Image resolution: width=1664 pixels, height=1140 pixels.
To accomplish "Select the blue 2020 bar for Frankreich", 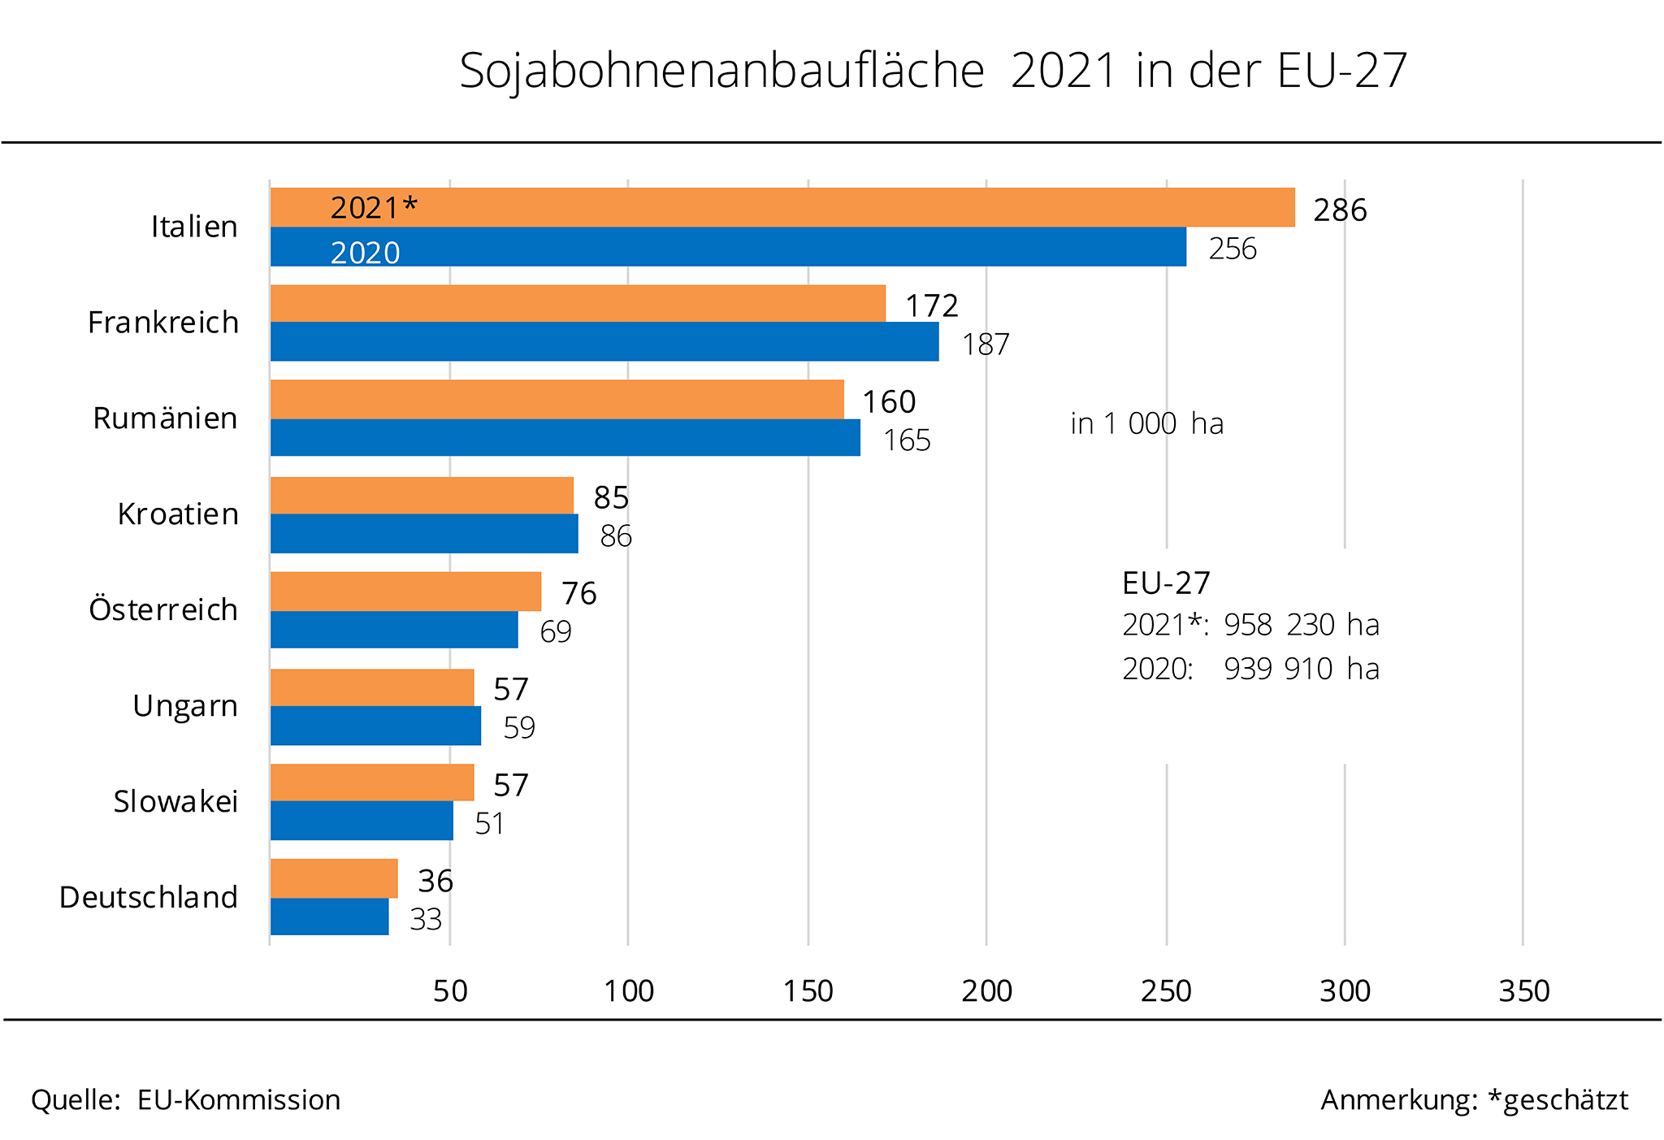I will [x=604, y=342].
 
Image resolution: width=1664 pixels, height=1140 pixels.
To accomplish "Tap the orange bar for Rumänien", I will [x=557, y=399].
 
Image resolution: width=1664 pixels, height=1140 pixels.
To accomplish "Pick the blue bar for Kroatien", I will [x=424, y=534].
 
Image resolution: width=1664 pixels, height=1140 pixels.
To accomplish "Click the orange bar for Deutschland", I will [x=334, y=878].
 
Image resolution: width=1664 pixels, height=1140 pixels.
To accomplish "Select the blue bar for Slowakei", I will [x=362, y=821].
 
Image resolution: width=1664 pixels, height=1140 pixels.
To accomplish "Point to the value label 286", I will [x=1340, y=210].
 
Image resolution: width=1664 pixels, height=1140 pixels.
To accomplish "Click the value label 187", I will [x=986, y=345].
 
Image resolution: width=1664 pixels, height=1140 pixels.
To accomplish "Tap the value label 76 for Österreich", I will [x=578, y=593].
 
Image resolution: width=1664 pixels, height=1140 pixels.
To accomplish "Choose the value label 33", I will [x=426, y=920].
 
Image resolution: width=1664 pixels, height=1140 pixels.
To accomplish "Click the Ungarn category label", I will [x=185, y=706].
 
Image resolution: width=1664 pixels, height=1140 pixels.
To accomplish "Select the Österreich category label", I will [x=163, y=609].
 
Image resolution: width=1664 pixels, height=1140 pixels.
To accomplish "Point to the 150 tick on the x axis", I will [x=808, y=991].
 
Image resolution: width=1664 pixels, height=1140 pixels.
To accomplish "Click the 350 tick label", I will [x=1524, y=991].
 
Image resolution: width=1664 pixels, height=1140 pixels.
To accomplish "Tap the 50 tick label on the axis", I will [x=450, y=991].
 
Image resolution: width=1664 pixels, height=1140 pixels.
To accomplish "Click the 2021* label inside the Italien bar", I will [x=374, y=208].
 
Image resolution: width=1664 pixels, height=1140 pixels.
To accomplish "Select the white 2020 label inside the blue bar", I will [x=365, y=253].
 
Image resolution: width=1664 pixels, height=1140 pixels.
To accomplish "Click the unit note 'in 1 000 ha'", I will [x=1146, y=424].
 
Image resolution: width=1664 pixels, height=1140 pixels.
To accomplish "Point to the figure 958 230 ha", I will [x=1302, y=625].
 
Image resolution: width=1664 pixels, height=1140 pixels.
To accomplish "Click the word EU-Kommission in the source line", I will [x=239, y=1100].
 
